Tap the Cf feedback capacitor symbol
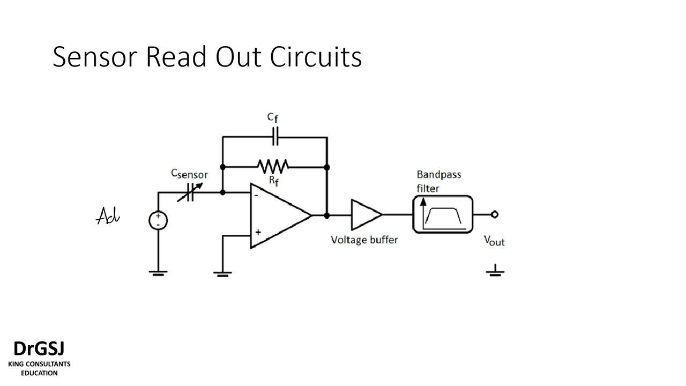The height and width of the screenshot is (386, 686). [x=275, y=137]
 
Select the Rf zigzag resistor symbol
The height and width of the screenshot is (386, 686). [x=273, y=166]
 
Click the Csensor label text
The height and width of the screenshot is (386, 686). [x=189, y=174]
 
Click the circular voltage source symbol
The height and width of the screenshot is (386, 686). [x=158, y=220]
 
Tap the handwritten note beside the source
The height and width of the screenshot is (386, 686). [x=108, y=217]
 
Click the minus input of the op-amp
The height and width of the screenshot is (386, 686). [x=257, y=196]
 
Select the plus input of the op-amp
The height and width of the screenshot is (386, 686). [x=258, y=232]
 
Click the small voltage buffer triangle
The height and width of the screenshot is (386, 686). [x=364, y=214]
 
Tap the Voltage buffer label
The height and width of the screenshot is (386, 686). [x=364, y=240]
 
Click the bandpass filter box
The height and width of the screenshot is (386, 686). [x=443, y=214]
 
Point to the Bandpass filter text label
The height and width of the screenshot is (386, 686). [x=438, y=181]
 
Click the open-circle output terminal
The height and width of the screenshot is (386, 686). [x=494, y=214]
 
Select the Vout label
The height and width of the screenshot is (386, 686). [x=494, y=241]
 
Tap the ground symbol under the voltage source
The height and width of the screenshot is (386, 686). [x=158, y=273]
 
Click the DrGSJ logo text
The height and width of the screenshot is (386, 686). [x=39, y=349]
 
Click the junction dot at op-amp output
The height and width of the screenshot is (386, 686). [x=327, y=215]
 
